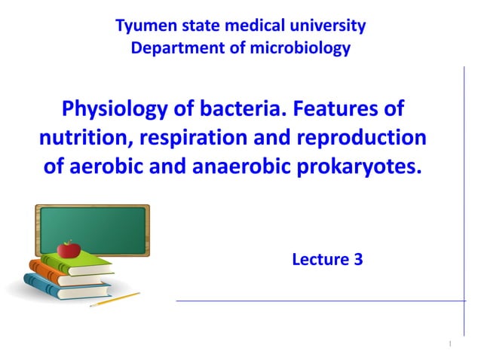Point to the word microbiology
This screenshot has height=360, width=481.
(x=304, y=49)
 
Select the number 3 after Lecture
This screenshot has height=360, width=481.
(x=357, y=261)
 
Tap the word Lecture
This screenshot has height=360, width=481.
(x=318, y=261)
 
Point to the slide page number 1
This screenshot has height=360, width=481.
(x=449, y=344)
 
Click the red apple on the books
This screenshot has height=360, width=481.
(x=69, y=249)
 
